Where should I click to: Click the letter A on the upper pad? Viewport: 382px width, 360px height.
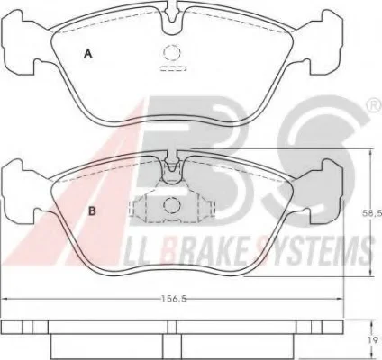tap(87, 54)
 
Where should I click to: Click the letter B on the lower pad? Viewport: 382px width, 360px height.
tap(92, 211)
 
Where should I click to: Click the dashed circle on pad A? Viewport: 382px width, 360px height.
tap(172, 53)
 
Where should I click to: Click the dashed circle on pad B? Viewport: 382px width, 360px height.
tap(172, 205)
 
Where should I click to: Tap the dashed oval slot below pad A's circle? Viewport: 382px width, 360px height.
tap(173, 68)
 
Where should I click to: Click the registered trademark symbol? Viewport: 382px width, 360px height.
tap(376, 106)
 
